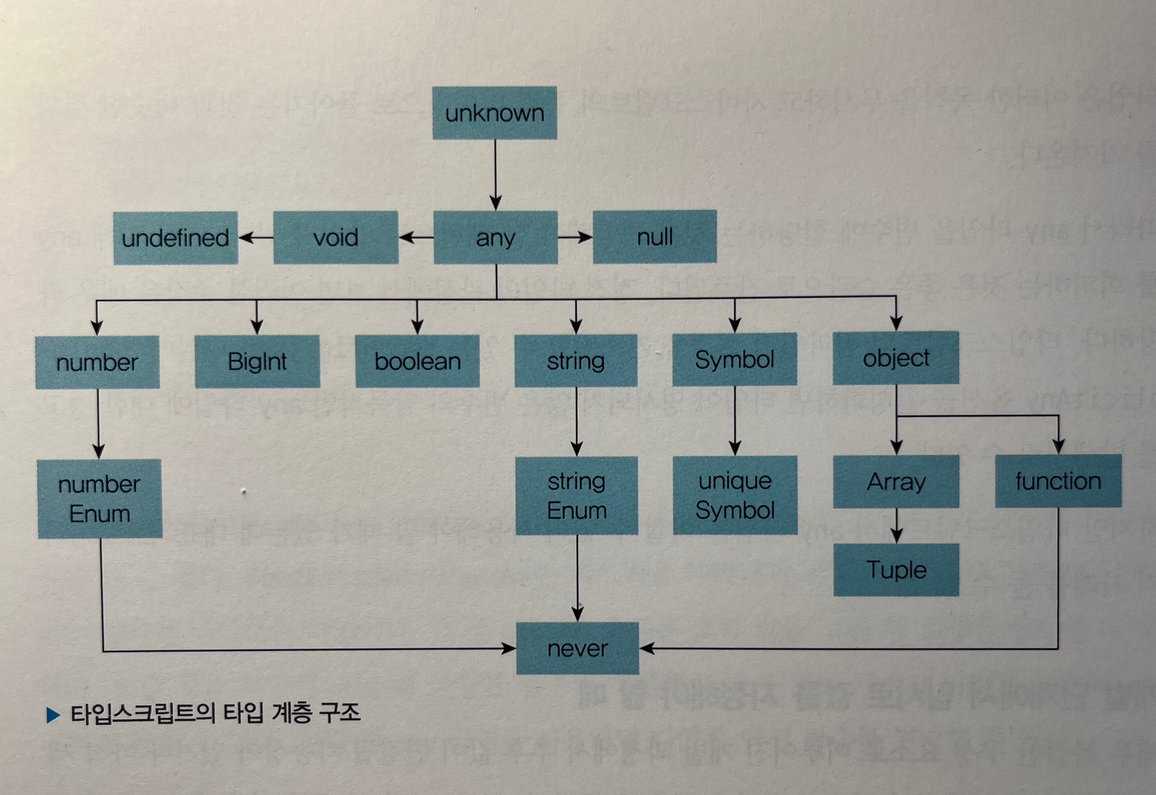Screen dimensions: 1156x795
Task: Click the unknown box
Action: click(494, 113)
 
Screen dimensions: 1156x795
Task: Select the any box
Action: click(495, 238)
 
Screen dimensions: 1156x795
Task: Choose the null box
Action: click(655, 237)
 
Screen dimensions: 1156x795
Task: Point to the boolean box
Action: click(417, 361)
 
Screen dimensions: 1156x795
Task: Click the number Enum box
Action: click(100, 499)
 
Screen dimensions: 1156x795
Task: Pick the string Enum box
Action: click(577, 496)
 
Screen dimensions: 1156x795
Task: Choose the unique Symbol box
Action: click(735, 495)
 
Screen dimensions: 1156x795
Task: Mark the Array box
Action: click(896, 482)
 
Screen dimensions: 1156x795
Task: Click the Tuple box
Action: click(896, 570)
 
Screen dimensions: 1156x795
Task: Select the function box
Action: click(1058, 481)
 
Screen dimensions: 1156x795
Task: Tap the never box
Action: click(578, 648)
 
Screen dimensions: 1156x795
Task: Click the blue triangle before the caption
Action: click(53, 715)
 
